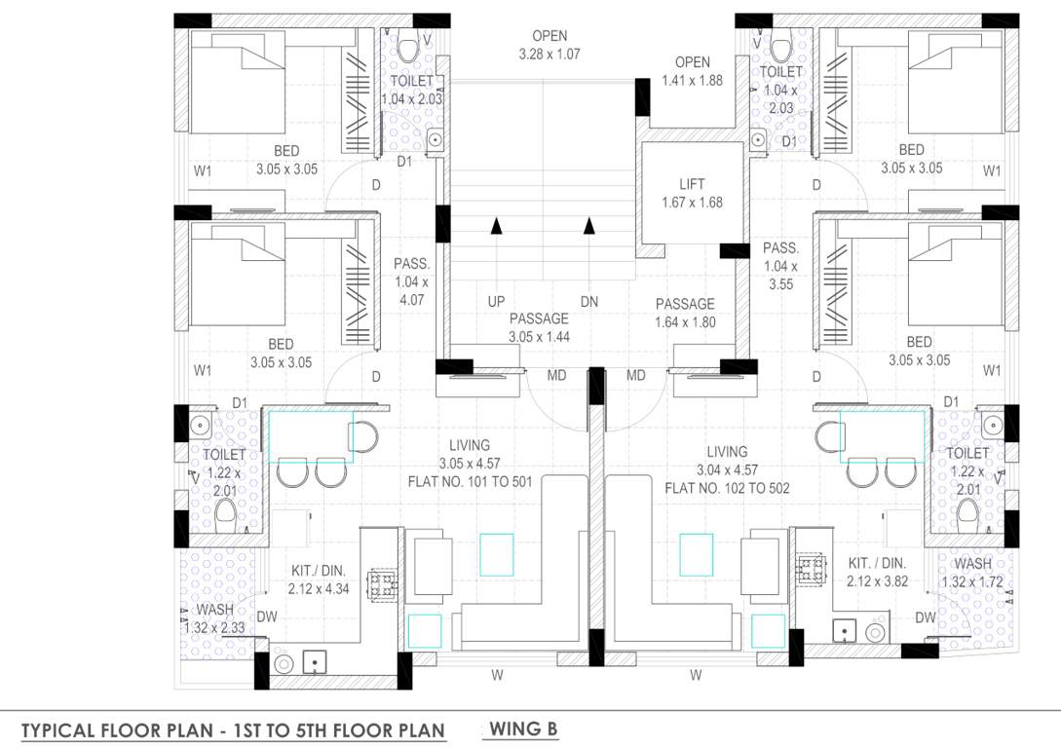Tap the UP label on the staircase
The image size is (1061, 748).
[496, 302]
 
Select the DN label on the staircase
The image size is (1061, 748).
[588, 302]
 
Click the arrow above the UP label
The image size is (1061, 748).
[496, 227]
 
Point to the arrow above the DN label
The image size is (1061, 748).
[588, 227]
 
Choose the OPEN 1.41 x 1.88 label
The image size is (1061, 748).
[692, 72]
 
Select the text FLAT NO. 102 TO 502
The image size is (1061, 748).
[727, 488]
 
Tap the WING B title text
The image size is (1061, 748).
[523, 729]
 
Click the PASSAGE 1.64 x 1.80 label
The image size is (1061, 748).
[685, 313]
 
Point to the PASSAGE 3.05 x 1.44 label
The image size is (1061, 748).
[539, 327]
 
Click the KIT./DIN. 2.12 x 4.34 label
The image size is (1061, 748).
[319, 580]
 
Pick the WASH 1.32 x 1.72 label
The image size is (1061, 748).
[972, 574]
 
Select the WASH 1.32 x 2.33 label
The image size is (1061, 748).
[214, 618]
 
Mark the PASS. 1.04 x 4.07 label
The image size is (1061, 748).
[410, 281]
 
